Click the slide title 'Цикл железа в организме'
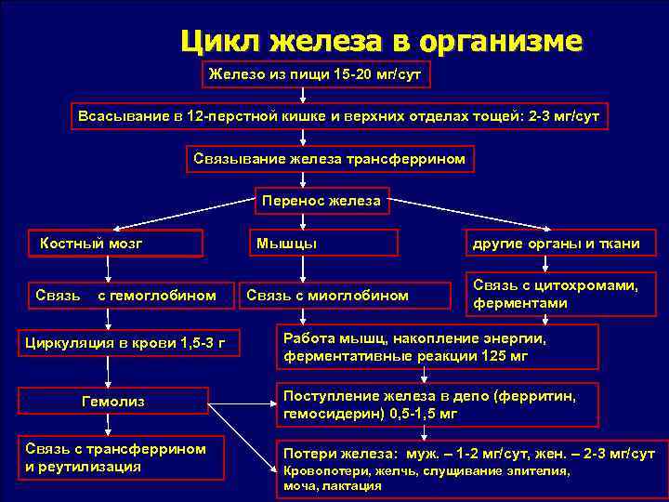(x=381, y=41)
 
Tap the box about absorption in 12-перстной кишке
(x=339, y=116)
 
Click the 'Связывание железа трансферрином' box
(x=329, y=159)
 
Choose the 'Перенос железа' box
(x=321, y=200)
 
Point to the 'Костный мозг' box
(x=116, y=244)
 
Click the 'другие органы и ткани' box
(x=556, y=244)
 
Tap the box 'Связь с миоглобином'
(x=327, y=295)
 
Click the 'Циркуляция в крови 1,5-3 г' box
(x=125, y=343)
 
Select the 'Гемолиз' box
(x=114, y=402)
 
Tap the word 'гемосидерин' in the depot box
(x=323, y=413)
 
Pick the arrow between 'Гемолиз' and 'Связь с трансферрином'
(x=109, y=424)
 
